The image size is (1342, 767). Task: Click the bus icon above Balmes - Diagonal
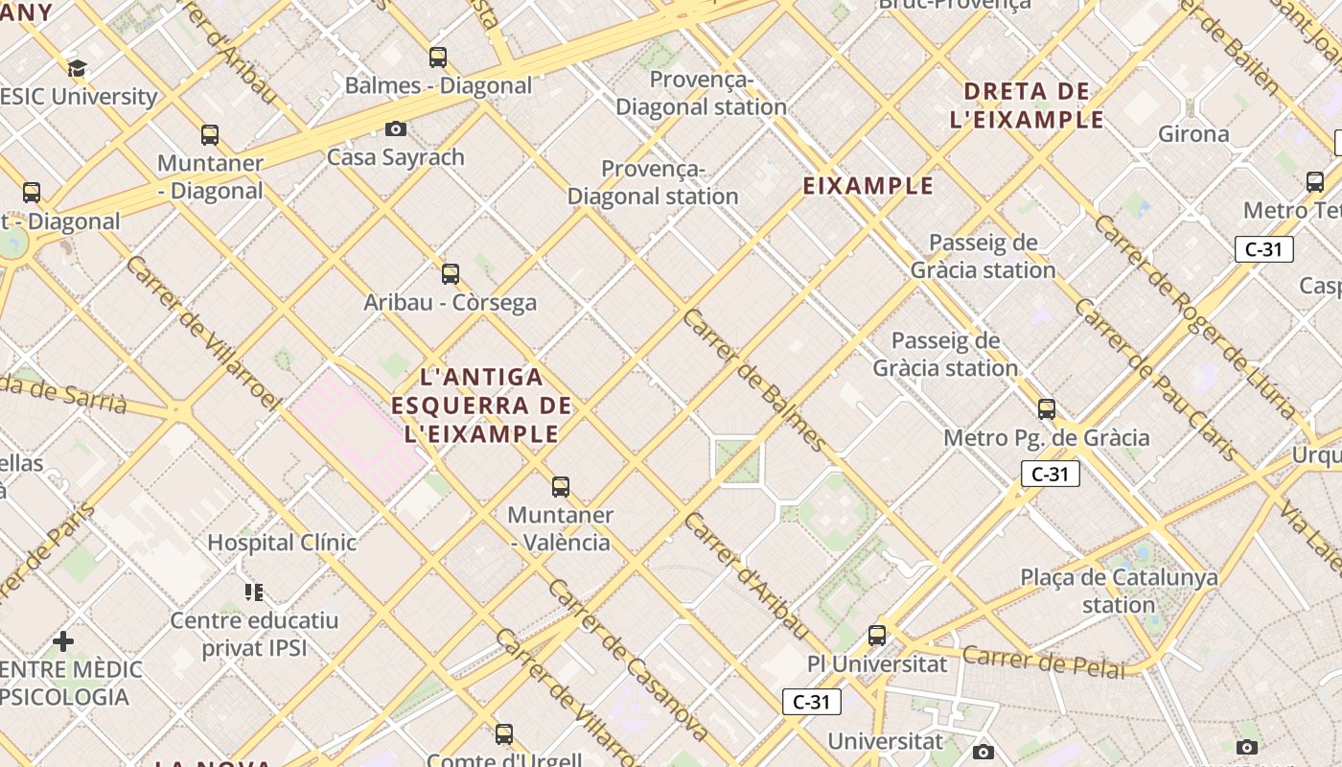point(438,58)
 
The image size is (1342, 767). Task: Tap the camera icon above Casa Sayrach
point(395,128)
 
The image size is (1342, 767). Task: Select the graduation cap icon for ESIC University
point(77,68)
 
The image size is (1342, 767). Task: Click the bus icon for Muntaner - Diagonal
point(210,135)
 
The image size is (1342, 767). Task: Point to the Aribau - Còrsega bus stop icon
point(451,274)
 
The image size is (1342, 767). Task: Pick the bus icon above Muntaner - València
point(561,487)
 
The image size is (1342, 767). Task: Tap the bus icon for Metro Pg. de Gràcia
point(1047,409)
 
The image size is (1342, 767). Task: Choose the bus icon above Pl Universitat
point(877,635)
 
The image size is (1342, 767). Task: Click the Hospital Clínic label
point(282,543)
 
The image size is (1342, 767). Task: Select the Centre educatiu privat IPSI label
point(254,634)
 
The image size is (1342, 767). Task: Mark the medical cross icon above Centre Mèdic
point(63,640)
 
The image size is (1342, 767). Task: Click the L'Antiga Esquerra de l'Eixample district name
point(481,406)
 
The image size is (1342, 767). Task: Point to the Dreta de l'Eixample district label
point(1027,105)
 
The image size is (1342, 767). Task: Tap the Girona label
point(1193,134)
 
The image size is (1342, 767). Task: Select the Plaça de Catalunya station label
point(1119,591)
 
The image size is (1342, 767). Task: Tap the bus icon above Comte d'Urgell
point(504,734)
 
